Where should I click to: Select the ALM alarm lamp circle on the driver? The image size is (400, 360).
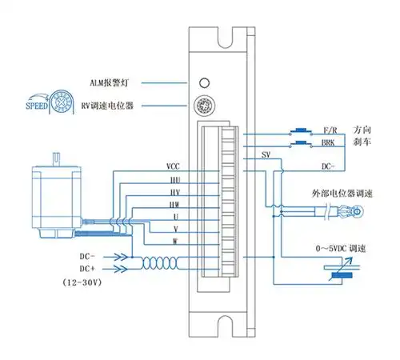pyautogui.click(x=204, y=83)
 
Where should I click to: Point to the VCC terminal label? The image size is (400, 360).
pyautogui.click(x=173, y=166)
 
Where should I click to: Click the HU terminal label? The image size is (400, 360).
pyautogui.click(x=174, y=180)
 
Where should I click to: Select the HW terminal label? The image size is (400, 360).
pyautogui.click(x=174, y=206)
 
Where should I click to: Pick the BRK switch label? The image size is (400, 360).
pyautogui.click(x=328, y=142)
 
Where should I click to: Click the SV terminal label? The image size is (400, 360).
pyautogui.click(x=266, y=156)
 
